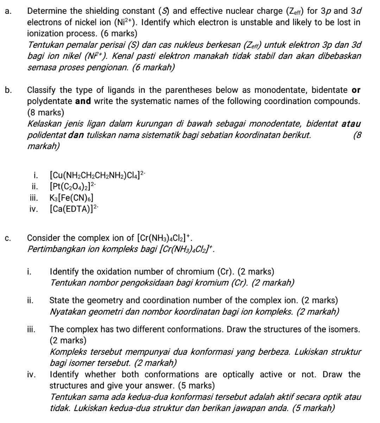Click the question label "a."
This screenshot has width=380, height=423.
click(8, 11)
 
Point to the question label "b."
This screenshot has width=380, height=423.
click(8, 90)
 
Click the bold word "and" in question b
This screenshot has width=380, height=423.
click(83, 102)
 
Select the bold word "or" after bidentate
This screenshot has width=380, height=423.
click(356, 90)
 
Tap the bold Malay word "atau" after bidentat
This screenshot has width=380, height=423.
click(351, 124)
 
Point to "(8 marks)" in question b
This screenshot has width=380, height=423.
click(46, 113)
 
